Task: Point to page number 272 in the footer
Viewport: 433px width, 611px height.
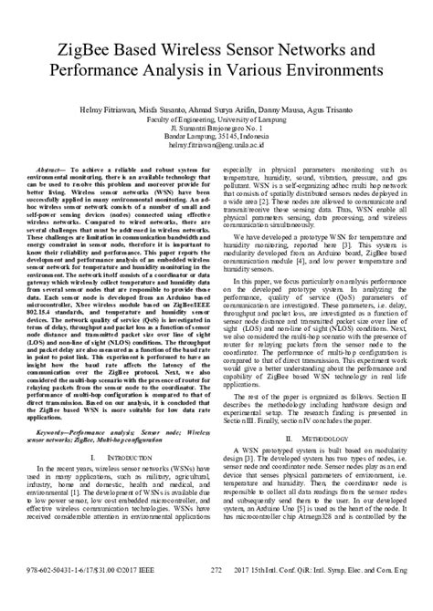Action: pyautogui.click(x=216, y=595)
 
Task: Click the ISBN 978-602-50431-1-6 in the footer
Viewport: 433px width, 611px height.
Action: pyautogui.click(x=56, y=595)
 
